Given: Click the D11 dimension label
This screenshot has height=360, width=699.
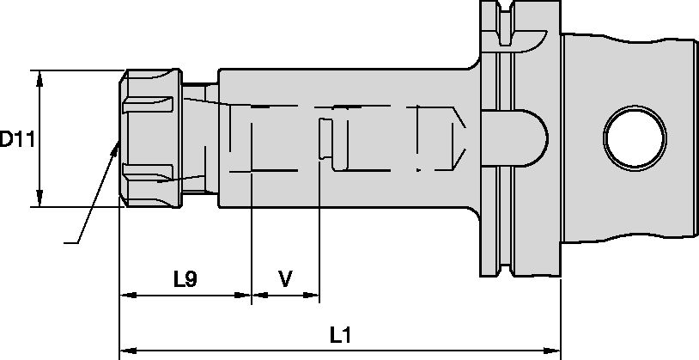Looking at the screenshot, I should (16, 138).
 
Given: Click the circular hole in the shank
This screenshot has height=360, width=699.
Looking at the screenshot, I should (635, 137).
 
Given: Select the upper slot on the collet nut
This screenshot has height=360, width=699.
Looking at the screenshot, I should (149, 105).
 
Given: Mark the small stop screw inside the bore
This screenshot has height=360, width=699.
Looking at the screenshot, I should (325, 138).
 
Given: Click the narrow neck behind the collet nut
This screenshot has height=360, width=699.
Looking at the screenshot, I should (199, 137).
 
